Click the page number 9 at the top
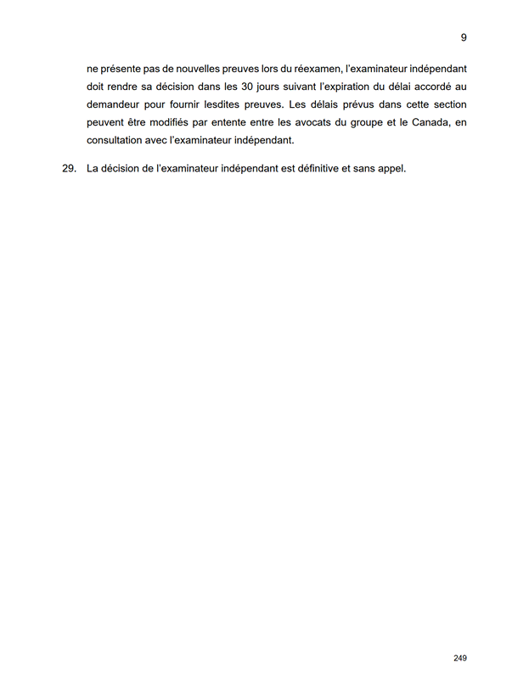coord(464,37)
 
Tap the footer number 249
coord(460,658)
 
